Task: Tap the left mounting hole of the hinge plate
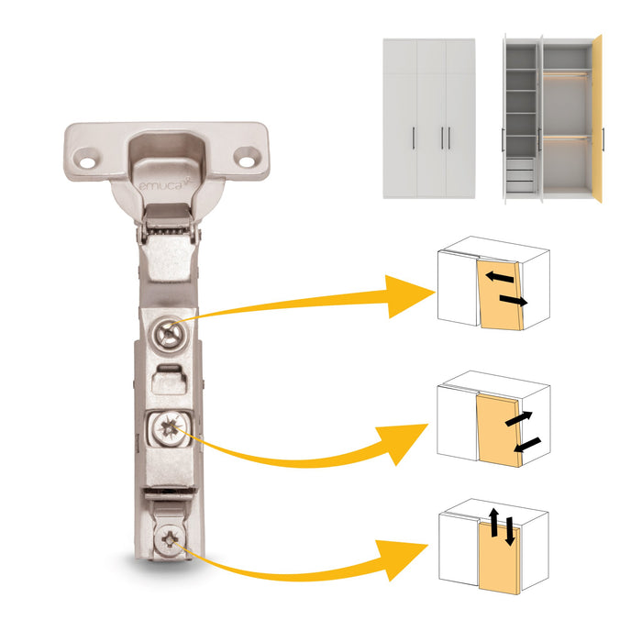click(x=87, y=162)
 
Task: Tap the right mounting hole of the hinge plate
click(x=247, y=161)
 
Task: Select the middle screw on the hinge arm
click(x=169, y=429)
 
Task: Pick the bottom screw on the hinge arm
click(x=170, y=539)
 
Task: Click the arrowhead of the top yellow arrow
click(x=410, y=296)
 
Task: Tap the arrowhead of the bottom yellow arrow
click(x=403, y=559)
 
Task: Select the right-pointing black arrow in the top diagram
click(x=514, y=301)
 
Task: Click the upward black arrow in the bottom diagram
click(x=494, y=523)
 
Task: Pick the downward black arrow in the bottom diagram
click(x=509, y=531)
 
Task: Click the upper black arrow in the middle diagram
click(x=519, y=418)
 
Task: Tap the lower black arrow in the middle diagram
click(x=527, y=445)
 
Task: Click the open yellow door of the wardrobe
click(x=597, y=118)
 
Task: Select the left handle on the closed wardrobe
click(x=414, y=138)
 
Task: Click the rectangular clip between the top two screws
click(x=169, y=379)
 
